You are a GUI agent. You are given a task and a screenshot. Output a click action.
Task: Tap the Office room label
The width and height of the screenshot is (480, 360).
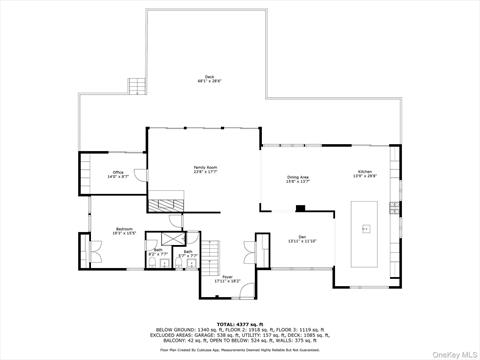coord(118,172)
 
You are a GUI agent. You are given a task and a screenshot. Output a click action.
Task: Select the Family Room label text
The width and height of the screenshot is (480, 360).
coord(205,167)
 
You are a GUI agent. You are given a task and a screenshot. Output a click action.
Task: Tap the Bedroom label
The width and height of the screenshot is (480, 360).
coord(124,229)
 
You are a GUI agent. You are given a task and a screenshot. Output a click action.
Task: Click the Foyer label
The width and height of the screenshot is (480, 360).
coord(227,277)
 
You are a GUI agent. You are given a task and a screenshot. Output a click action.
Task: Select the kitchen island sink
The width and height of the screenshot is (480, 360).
coord(365,229)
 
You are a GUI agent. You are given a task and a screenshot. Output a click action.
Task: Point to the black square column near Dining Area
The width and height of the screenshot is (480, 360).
coord(299,209)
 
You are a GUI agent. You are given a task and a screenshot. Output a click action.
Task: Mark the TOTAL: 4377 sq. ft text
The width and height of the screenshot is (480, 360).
coord(239,323)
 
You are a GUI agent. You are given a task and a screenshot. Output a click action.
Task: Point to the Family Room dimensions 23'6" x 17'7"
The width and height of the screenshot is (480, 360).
coord(205,172)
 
